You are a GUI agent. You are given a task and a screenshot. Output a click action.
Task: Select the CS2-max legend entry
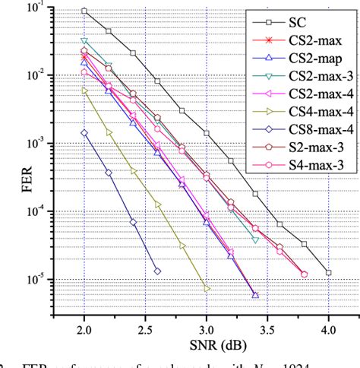pyautogui.click(x=307, y=39)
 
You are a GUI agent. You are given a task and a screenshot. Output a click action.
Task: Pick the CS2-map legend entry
pyautogui.click(x=307, y=57)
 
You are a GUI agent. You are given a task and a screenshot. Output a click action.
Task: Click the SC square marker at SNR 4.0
pyautogui.click(x=328, y=272)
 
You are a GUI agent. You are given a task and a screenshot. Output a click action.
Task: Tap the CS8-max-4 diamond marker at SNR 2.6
pyautogui.click(x=157, y=271)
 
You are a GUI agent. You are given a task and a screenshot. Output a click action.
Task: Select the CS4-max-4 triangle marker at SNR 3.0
pyautogui.click(x=207, y=287)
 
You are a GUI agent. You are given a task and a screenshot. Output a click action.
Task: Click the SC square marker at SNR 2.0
pyautogui.click(x=84, y=11)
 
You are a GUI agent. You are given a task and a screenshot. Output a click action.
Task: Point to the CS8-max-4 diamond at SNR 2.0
pyautogui.click(x=84, y=133)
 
